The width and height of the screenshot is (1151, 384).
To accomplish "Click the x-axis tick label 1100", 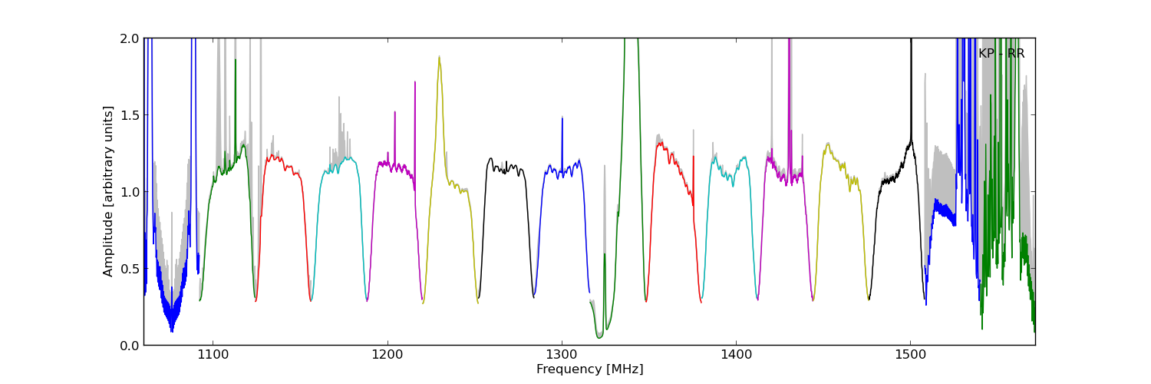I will click(x=213, y=355).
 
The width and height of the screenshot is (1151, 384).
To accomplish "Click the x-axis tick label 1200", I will click(x=387, y=355).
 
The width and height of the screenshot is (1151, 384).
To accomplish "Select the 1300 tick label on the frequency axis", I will click(x=562, y=355).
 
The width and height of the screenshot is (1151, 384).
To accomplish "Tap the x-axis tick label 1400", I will click(x=736, y=355).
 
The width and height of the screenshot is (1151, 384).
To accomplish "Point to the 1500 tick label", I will click(x=910, y=355).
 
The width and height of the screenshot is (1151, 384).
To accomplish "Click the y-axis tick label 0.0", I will click(x=128, y=345).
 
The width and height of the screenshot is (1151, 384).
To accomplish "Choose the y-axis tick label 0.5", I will click(x=128, y=268).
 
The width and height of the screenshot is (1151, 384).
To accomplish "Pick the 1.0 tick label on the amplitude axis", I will click(x=128, y=191).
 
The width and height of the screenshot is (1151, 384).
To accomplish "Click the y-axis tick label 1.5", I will click(x=128, y=114).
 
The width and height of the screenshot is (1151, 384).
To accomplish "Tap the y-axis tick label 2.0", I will click(x=128, y=38).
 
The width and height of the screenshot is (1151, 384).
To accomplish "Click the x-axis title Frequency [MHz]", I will click(x=589, y=369).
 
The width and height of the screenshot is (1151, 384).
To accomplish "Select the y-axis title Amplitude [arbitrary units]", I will click(x=109, y=191).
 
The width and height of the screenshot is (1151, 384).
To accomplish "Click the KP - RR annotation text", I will click(x=1001, y=54).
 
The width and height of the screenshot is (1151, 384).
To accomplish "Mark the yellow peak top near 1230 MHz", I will click(x=439, y=56).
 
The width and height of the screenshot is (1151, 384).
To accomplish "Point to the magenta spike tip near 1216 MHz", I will click(x=415, y=81).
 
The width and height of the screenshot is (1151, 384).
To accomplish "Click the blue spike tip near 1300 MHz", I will click(x=562, y=118).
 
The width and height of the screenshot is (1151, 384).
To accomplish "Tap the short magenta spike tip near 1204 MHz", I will click(x=395, y=112).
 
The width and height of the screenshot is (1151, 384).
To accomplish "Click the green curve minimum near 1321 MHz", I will click(x=599, y=337).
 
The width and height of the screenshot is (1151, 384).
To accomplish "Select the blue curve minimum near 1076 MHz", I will click(x=172, y=332).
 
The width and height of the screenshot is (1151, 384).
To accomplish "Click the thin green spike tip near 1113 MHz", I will click(x=236, y=60).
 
